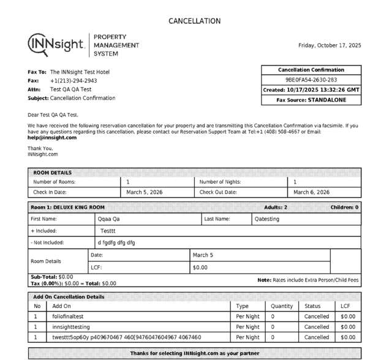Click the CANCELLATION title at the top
pos(194,21)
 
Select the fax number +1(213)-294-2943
pos(74,81)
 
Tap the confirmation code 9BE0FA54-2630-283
pos(311,80)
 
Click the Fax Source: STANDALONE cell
pos(311,99)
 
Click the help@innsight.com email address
pos(52,138)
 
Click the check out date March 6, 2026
pos(312,192)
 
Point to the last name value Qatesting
pos(266,219)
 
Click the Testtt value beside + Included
pos(108,231)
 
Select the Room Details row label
pos(46,261)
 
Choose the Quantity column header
pos(282,306)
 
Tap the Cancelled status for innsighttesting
pos(317,327)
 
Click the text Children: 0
pos(344,208)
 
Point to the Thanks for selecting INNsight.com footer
pos(194,354)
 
